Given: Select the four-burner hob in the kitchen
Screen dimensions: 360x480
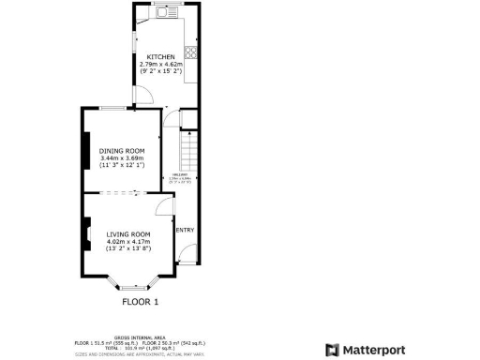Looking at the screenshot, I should pyautogui.click(x=190, y=52).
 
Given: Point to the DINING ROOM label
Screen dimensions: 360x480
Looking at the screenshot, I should pyautogui.click(x=122, y=150).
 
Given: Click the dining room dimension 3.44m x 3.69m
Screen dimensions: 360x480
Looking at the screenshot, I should pyautogui.click(x=122, y=158).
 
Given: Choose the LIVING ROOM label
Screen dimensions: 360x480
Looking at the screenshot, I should pyautogui.click(x=127, y=233).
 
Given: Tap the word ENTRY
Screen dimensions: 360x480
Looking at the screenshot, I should pyautogui.click(x=185, y=230).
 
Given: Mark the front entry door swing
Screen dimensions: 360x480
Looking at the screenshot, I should pyautogui.click(x=188, y=252).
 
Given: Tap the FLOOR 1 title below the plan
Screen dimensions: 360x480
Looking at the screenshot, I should pyautogui.click(x=141, y=302).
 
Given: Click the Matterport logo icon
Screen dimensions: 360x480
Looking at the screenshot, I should pyautogui.click(x=331, y=350).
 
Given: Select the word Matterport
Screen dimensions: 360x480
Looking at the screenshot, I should pyautogui.click(x=372, y=350).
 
